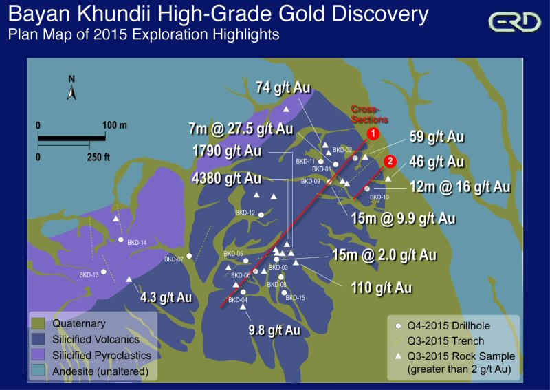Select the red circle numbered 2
tap(390, 162)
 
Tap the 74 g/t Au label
tap(283, 88)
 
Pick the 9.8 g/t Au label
tap(274, 330)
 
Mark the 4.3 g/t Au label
tap(166, 298)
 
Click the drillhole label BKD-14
tap(137, 242)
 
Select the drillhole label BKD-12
tap(245, 213)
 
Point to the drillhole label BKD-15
tap(295, 298)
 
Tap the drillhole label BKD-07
tap(173, 259)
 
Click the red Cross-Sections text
tap(365, 114)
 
